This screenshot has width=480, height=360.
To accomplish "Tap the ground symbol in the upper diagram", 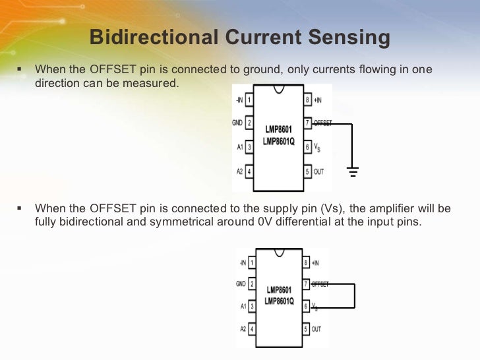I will tap(353, 172).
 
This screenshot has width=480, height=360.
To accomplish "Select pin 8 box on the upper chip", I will tap(307, 100).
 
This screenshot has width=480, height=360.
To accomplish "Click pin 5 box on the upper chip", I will tap(307, 171).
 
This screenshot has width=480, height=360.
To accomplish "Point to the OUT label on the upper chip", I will tap(319, 171).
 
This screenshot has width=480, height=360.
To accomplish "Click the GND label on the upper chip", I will tap(237, 123).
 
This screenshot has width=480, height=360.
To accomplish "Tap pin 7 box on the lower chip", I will tap(305, 284).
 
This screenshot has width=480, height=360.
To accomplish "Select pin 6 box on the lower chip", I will tap(305, 307).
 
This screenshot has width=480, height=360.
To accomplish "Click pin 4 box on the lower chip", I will tap(251, 328).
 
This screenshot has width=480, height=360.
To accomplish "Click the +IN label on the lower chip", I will tap(316, 263).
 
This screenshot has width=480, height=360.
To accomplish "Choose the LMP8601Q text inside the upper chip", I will tap(278, 140).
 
